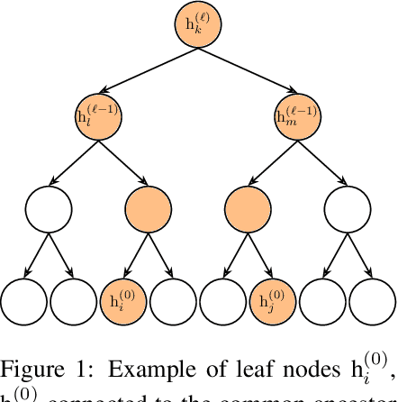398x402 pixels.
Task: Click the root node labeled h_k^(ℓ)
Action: (197, 29)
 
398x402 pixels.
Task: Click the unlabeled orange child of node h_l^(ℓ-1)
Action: (148, 210)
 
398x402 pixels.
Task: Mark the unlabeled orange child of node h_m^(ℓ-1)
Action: (247, 210)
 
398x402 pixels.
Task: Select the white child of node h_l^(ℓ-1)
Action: (49, 210)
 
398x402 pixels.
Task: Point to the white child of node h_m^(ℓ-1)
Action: (346, 210)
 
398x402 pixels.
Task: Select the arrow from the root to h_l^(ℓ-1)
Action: (148, 73)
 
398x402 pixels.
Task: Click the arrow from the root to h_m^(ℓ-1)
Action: (247, 73)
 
